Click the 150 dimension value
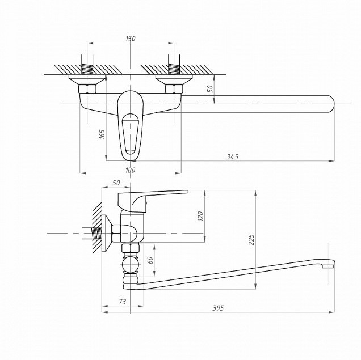tap(131, 39)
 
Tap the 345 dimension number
tap(232, 157)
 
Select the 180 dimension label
tap(131, 170)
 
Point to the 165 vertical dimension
tap(102, 134)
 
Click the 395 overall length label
tap(218, 308)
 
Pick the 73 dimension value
tap(123, 302)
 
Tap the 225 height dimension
tap(251, 240)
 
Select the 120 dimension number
tap(201, 217)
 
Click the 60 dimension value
tap(150, 260)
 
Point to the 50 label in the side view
tap(116, 183)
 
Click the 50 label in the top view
tap(210, 89)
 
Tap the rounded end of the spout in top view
tap(332, 104)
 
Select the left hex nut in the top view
tap(87, 89)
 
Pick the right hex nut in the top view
tap(174, 89)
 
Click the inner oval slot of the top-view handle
tap(131, 134)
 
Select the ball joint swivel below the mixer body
tap(131, 264)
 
